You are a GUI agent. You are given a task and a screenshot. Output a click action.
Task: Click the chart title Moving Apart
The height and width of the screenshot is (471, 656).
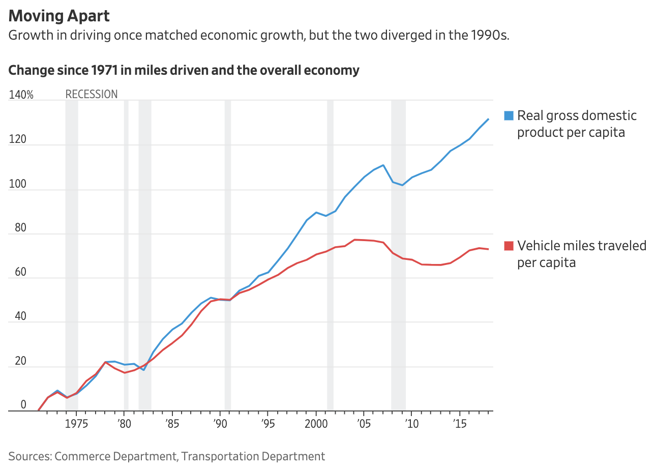point(59,16)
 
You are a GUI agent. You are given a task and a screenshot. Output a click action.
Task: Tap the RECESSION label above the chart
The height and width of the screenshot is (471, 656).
point(92,94)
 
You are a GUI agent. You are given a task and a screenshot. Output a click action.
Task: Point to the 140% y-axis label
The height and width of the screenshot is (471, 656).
point(21,95)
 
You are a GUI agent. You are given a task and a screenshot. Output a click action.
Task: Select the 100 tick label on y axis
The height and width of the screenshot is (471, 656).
point(17,184)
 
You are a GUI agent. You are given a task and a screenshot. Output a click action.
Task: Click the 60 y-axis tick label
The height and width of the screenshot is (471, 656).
point(20,272)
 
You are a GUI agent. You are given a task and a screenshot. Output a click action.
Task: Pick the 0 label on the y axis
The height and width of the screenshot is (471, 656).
point(23,405)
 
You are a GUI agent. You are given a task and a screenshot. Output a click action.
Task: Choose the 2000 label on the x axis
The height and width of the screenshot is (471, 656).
point(315,424)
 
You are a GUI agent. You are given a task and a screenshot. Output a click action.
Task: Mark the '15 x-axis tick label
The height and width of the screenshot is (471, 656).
point(460,424)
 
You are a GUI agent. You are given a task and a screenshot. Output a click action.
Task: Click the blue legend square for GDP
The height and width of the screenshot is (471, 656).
point(509,115)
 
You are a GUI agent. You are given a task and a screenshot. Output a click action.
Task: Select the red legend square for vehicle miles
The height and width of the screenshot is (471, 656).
point(509,246)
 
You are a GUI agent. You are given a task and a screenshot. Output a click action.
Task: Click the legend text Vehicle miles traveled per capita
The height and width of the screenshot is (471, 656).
point(581,254)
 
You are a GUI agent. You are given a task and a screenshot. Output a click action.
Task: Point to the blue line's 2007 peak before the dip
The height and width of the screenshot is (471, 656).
point(383,165)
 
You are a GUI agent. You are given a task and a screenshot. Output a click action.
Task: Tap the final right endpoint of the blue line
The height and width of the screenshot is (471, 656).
point(489,119)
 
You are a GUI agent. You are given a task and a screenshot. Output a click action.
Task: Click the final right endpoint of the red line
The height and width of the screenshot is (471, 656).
point(489,249)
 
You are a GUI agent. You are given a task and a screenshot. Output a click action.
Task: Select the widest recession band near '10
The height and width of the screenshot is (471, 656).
point(398,254)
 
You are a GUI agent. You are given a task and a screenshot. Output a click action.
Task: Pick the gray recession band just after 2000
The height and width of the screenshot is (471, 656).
point(330,254)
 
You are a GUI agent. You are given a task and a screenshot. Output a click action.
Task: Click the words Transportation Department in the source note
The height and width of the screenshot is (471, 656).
point(253,456)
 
